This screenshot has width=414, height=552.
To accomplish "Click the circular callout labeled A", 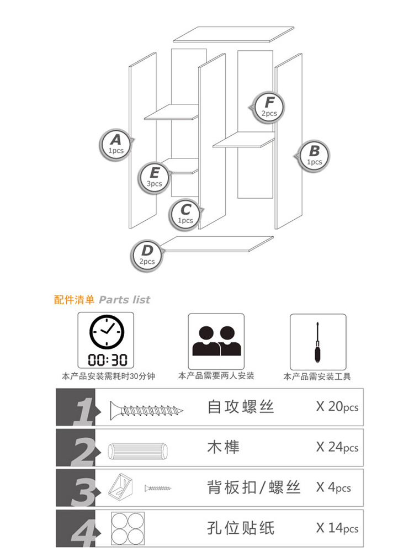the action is (115, 144).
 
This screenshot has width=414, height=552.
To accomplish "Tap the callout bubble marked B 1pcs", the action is (314, 156).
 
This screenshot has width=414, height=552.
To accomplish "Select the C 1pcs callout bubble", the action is (185, 214).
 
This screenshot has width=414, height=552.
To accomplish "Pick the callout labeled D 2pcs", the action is (146, 255).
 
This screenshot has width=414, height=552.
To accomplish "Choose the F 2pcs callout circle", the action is (269, 107).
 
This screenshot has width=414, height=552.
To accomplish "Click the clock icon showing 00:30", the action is (106, 340).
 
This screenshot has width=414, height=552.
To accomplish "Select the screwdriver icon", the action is (318, 342).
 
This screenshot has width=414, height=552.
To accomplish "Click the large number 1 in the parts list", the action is (84, 411).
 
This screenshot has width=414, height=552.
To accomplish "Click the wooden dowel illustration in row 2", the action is (137, 450).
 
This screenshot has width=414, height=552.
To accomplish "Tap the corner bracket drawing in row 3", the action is (120, 488).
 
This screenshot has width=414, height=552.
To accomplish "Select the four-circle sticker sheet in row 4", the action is (128, 528).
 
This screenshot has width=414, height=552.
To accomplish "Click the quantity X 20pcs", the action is (337, 407).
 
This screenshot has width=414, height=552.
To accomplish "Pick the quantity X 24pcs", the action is (337, 447).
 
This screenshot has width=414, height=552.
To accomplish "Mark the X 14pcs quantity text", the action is (337, 528).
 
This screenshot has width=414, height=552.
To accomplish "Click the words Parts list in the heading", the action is (124, 300).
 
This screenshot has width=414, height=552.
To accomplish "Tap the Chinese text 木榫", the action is (223, 447).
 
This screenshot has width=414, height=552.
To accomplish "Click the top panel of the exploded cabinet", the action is (233, 34).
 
